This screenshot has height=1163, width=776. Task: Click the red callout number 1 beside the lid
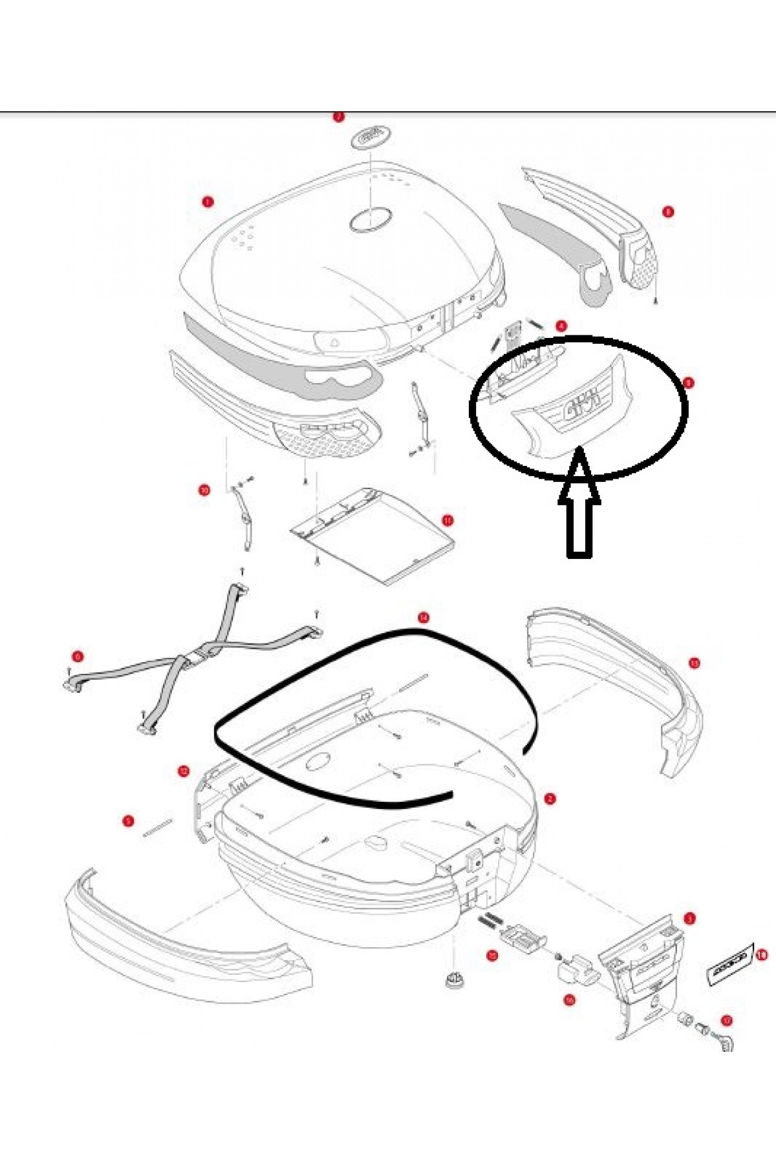pos(207,202)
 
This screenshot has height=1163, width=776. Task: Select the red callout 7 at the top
pos(338,117)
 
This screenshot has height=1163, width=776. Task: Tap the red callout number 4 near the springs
pos(561,326)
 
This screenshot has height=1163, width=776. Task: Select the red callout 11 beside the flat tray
pos(447,520)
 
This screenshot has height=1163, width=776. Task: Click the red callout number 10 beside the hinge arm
pos(204,490)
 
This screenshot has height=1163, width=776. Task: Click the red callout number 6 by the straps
pos(78,657)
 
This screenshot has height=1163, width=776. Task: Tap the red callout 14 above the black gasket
pos(423,618)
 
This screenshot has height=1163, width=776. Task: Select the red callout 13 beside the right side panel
pos(694,663)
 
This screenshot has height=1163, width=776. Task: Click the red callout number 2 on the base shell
pos(549,799)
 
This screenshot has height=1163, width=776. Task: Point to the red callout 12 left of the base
pos(183,770)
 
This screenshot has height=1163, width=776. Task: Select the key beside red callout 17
pos(728,1040)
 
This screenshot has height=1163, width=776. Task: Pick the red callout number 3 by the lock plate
pos(690,918)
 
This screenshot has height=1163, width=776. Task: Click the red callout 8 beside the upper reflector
pos(667,211)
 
